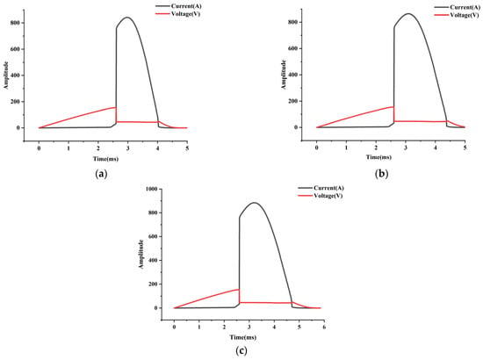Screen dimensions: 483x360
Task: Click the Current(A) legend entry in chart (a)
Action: pyautogui.click(x=178, y=6)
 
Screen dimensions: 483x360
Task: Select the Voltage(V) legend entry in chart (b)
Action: pyautogui.click(x=458, y=15)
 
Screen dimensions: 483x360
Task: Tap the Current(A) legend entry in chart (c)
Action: pyautogui.click(x=321, y=188)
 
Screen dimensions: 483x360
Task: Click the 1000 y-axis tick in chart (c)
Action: pyautogui.click(x=151, y=189)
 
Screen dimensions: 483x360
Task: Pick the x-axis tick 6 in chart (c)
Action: pyautogui.click(x=324, y=327)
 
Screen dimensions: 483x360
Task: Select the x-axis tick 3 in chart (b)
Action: pyautogui.click(x=406, y=148)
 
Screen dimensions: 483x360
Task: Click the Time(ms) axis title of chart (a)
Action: pyautogui.click(x=105, y=159)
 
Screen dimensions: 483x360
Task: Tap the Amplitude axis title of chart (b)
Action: pyautogui.click(x=284, y=75)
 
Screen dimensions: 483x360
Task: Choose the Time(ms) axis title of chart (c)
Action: pyautogui.click(x=243, y=337)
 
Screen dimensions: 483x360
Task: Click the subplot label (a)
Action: pyautogui.click(x=102, y=174)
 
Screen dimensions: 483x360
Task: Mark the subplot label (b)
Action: pyautogui.click(x=382, y=174)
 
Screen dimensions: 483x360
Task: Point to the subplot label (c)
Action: pyautogui.click(x=241, y=350)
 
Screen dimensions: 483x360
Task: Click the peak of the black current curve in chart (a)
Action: pyautogui.click(x=127, y=18)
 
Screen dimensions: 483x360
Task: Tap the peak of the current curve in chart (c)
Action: pyautogui.click(x=255, y=203)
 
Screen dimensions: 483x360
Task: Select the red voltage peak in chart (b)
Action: pyautogui.click(x=393, y=107)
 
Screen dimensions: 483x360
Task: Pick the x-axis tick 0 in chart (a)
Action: pyautogui.click(x=39, y=148)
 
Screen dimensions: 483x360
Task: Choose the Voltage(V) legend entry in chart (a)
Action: pyautogui.click(x=178, y=14)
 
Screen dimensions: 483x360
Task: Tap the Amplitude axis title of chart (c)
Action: pyautogui.click(x=141, y=255)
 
